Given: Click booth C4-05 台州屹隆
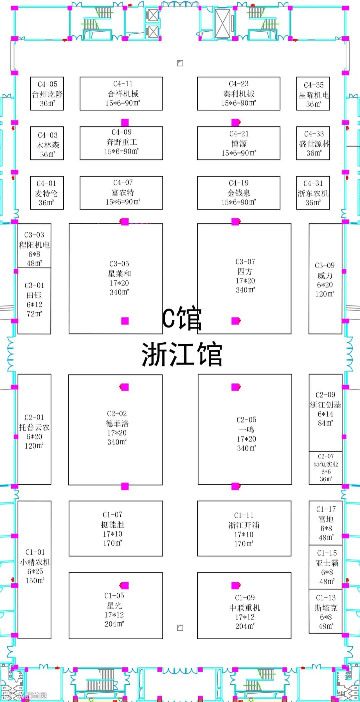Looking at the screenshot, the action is (x=47, y=94).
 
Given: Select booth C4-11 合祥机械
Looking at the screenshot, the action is (x=121, y=94).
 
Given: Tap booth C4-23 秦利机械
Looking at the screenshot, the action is (x=239, y=94).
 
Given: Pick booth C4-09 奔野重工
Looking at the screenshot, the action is (x=121, y=143).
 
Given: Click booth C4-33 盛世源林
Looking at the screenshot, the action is (x=313, y=143).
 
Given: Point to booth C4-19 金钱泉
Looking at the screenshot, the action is (x=239, y=193).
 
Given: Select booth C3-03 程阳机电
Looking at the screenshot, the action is (x=34, y=246).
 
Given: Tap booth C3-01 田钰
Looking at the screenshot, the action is (x=34, y=300).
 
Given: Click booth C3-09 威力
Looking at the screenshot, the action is (x=325, y=279).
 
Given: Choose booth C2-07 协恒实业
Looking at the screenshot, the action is (x=326, y=468).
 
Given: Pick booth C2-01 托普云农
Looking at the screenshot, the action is (x=34, y=429).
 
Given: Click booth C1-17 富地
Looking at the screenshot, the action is (x=326, y=523).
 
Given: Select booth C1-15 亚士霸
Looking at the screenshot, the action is (x=326, y=567).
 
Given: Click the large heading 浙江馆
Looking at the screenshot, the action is (x=182, y=354).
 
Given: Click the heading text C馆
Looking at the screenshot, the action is (x=182, y=319).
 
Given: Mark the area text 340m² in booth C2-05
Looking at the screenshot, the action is (x=246, y=449).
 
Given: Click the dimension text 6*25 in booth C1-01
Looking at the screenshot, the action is (x=35, y=571).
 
